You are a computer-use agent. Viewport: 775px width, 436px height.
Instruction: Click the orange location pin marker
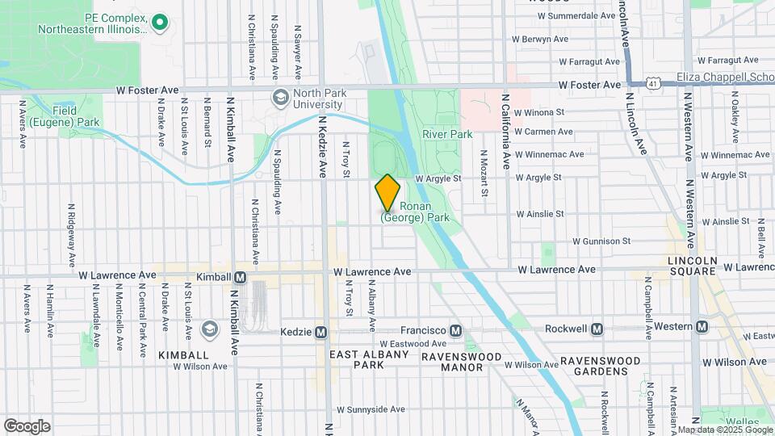pos(387,193)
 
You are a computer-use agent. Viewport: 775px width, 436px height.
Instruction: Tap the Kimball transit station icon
pos(240,277)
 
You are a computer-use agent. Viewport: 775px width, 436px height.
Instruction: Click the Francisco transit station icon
pos(456,330)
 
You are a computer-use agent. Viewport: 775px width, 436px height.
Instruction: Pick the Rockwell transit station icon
pos(597,329)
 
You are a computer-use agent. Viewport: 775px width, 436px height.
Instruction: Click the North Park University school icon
pos(280,99)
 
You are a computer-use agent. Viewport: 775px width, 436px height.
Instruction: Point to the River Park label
pos(446,134)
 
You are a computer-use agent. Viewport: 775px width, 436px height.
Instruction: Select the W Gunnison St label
pos(601,241)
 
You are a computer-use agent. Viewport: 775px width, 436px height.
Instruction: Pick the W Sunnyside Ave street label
pos(371,409)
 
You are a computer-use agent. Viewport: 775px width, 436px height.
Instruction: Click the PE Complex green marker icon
pos(160,22)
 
